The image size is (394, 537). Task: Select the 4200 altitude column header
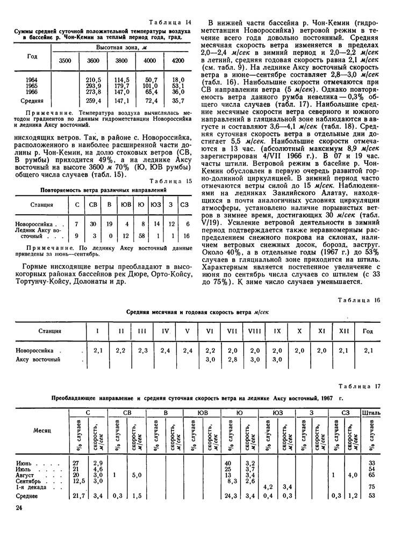click(177, 61)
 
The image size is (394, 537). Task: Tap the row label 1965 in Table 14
click(32, 85)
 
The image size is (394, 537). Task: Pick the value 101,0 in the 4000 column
click(149, 85)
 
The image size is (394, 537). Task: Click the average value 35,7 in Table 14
click(177, 100)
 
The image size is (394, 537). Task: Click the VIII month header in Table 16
click(254, 331)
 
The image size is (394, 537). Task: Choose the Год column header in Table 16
click(368, 331)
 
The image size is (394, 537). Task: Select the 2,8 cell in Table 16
click(232, 359)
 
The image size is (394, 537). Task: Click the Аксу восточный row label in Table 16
click(38, 359)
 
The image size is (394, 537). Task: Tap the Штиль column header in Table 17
click(372, 413)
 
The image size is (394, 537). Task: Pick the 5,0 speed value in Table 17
click(137, 475)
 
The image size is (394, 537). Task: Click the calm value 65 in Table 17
click(371, 475)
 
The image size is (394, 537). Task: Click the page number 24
click(19, 516)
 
